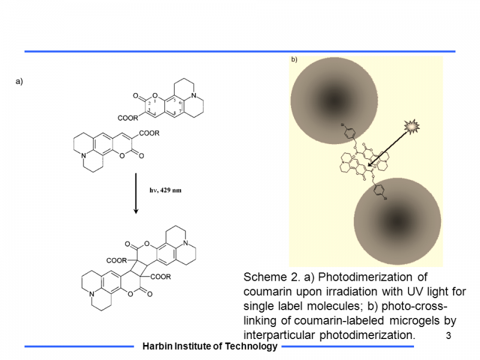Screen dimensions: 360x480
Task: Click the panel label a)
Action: (x=19, y=82)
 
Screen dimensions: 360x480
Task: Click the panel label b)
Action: (x=294, y=60)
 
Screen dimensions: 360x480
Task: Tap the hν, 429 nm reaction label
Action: (x=165, y=190)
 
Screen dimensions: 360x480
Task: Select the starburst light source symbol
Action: (x=413, y=127)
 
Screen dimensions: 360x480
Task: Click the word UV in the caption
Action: (x=409, y=291)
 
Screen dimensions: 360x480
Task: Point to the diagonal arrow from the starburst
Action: (x=387, y=147)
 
